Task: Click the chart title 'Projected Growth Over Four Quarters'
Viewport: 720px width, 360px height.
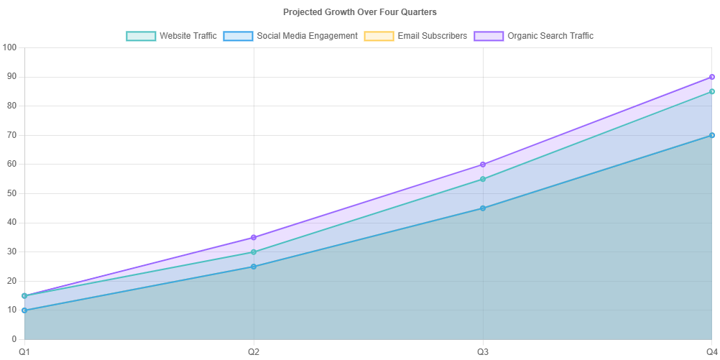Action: [359, 11]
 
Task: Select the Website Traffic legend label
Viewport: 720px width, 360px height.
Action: [188, 36]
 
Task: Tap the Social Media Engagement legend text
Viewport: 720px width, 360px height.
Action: [307, 36]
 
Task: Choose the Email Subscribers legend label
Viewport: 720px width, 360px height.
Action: [432, 36]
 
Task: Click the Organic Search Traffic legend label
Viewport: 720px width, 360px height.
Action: [550, 36]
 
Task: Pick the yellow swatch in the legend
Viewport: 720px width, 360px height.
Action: [379, 36]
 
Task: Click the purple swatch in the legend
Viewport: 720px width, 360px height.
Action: [489, 36]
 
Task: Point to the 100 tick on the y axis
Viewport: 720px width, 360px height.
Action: [9, 47]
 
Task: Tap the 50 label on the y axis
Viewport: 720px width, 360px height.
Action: [11, 193]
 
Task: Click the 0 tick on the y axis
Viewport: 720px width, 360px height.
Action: [14, 339]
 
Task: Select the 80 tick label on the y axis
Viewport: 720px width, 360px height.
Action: [11, 106]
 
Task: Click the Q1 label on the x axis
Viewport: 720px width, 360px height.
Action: [24, 351]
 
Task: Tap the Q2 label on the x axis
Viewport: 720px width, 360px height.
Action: [254, 351]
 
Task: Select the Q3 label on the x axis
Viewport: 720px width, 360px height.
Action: [483, 351]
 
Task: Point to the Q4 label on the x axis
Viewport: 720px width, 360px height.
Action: [711, 351]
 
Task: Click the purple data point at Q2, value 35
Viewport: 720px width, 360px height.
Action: [254, 237]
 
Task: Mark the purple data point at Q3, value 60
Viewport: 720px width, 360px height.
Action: [483, 164]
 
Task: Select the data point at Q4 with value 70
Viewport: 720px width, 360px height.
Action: [712, 135]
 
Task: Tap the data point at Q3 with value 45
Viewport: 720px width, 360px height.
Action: [483, 208]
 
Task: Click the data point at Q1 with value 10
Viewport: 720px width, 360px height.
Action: [24, 310]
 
